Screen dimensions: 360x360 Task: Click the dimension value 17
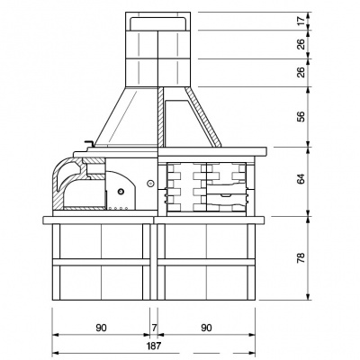coord(301,21)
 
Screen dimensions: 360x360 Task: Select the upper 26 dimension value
coord(301,44)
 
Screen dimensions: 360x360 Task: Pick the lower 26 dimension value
coord(301,72)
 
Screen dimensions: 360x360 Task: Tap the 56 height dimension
coord(301,116)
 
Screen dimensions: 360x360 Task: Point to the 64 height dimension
coord(301,179)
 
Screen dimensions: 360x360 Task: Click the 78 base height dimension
coord(301,257)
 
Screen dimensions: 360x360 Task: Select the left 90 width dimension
coord(101,328)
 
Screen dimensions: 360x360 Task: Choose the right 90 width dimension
coord(206,328)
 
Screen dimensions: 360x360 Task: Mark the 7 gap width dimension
coord(154,328)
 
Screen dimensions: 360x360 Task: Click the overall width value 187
coord(154,346)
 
